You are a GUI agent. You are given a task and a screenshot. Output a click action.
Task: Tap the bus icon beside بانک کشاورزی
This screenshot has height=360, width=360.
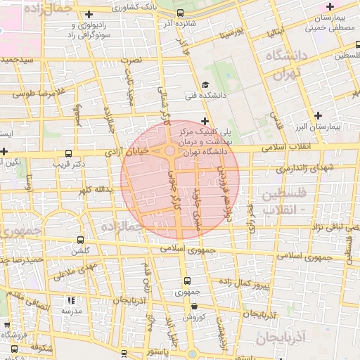(180, 13)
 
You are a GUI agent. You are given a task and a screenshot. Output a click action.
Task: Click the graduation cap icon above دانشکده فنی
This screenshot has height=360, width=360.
(205, 82)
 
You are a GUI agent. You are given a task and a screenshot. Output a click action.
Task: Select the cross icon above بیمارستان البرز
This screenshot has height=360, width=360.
(319, 115)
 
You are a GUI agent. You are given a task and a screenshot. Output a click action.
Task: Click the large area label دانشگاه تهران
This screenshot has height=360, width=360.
(285, 63)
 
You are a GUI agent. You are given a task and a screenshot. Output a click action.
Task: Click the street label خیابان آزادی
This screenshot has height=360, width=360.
(131, 151)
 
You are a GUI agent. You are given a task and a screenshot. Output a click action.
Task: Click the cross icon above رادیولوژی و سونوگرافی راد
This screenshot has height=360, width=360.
(88, 14)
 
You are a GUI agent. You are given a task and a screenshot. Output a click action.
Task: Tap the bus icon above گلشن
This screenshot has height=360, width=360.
(79, 239)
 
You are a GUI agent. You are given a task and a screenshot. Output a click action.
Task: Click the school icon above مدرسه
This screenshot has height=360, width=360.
(70, 300)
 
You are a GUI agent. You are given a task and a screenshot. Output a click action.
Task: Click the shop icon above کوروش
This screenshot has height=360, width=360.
(194, 306)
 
